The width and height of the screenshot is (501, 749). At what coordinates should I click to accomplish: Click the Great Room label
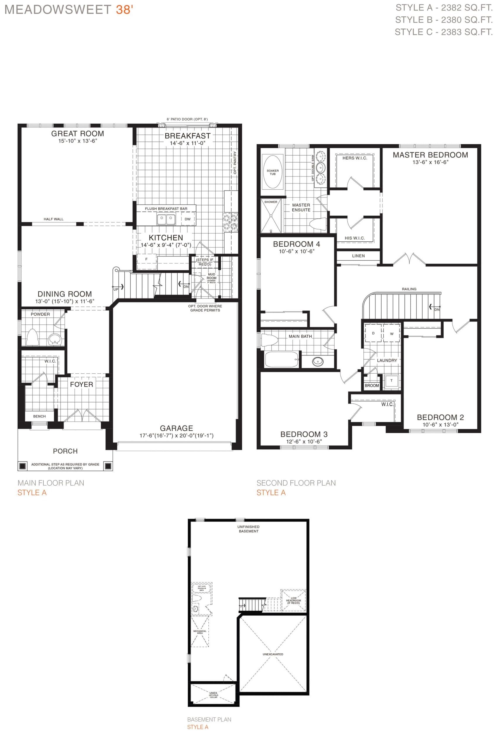[x=77, y=133]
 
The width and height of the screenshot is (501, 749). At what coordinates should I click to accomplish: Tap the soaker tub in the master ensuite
[x=272, y=171]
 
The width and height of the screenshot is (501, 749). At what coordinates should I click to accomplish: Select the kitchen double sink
[x=166, y=219]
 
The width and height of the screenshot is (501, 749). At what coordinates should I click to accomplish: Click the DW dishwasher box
[x=188, y=219]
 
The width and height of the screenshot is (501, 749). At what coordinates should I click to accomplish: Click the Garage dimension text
[x=176, y=435]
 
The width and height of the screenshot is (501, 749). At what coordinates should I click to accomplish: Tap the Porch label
[x=65, y=451]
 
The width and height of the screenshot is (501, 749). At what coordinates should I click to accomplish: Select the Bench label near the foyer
[x=39, y=416]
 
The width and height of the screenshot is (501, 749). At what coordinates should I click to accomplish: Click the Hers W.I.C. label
[x=355, y=158]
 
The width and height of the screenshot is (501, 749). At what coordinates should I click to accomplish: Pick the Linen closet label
[x=358, y=256]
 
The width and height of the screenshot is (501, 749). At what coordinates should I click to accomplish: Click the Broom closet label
[x=372, y=386]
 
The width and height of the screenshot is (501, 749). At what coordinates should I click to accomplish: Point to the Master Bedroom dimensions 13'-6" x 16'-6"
[x=430, y=162]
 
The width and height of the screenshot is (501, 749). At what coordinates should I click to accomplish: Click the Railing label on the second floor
[x=409, y=289]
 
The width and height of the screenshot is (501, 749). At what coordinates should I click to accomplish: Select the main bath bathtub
[x=282, y=359]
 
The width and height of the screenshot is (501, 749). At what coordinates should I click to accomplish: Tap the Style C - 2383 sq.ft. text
[x=443, y=32]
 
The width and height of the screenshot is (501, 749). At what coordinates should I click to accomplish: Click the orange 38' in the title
[x=124, y=10]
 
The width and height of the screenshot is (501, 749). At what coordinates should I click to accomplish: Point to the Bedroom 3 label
[x=303, y=434]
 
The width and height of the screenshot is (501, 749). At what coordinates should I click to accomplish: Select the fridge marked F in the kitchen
[x=147, y=259]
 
